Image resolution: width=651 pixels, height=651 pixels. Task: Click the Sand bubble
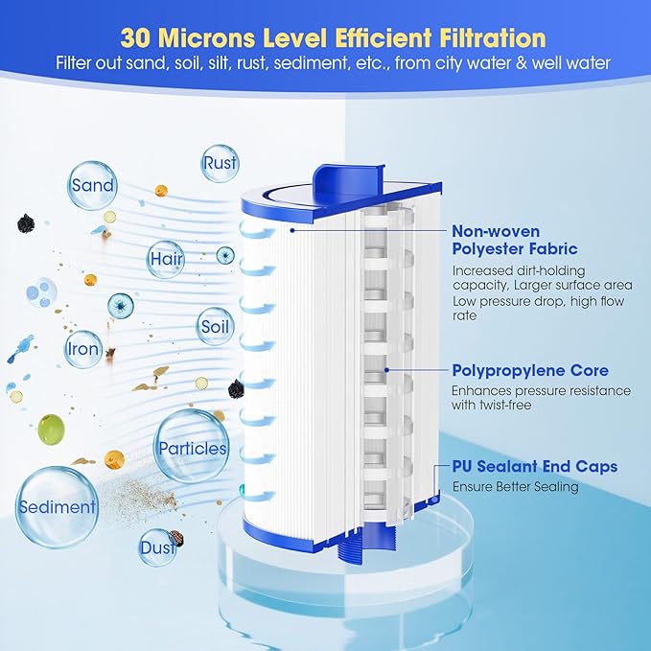tap(92, 185)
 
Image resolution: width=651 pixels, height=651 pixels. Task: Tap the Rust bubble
tap(220, 163)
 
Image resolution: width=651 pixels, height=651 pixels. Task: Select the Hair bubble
tap(165, 259)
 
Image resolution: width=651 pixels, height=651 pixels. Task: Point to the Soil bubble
tap(216, 326)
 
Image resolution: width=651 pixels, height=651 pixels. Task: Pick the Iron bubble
tap(83, 349)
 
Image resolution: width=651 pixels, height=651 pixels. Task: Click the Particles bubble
tap(192, 448)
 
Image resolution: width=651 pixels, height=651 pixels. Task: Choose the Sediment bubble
tap(56, 506)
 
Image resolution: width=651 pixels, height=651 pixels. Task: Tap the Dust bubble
tap(158, 548)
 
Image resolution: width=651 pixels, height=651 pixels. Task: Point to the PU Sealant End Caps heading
tap(535, 467)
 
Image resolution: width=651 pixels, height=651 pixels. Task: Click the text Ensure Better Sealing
tap(516, 487)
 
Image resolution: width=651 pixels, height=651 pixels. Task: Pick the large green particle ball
tap(51, 430)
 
